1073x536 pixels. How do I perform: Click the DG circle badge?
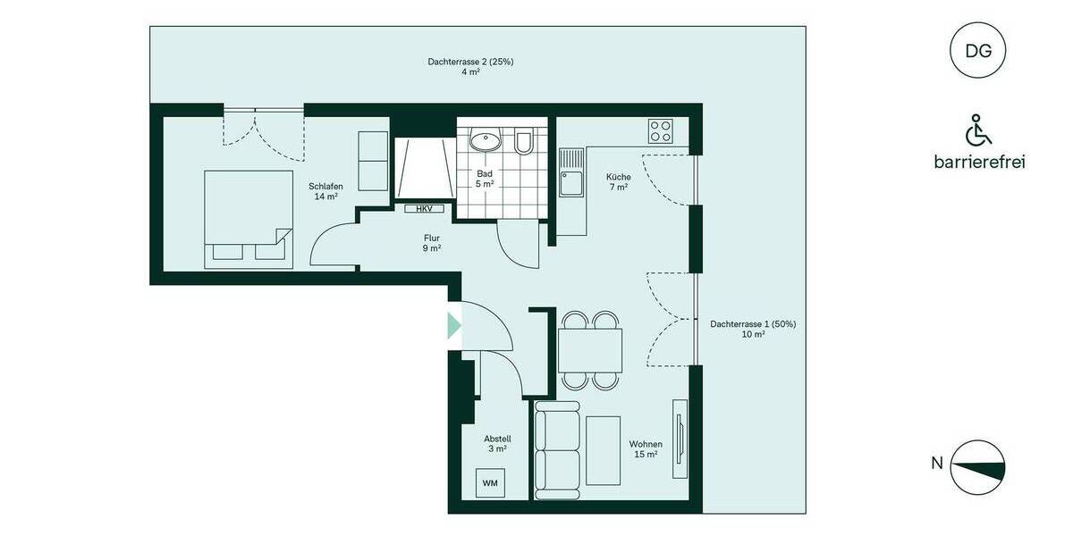(978, 50)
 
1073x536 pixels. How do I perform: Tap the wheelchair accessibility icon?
(978, 130)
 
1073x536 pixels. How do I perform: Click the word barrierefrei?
(978, 162)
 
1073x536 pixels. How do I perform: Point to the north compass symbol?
(978, 466)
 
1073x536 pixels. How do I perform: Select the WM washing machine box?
(490, 483)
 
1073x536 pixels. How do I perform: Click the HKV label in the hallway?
(423, 209)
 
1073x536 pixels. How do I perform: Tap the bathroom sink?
(486, 140)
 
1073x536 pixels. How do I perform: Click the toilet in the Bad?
(524, 142)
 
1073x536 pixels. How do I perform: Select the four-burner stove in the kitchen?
(661, 131)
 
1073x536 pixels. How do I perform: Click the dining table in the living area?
(590, 350)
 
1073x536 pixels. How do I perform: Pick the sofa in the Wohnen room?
(557, 449)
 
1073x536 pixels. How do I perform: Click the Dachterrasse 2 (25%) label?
(470, 67)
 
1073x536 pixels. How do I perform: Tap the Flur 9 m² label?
(432, 243)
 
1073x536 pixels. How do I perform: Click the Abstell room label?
(497, 444)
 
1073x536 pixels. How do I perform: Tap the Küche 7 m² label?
(617, 181)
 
